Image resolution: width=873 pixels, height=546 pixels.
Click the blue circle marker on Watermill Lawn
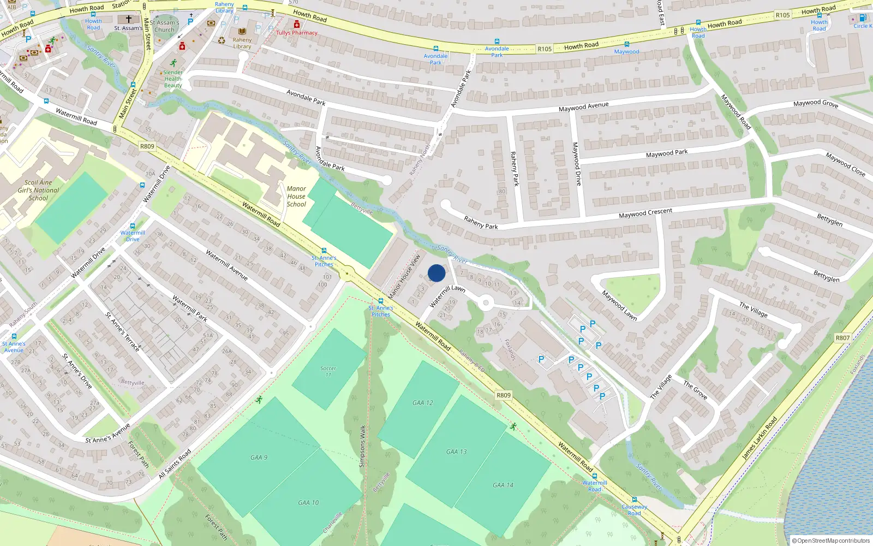(436, 273)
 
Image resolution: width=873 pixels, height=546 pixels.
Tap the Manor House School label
(296, 197)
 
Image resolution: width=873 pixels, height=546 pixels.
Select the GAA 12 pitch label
(422, 403)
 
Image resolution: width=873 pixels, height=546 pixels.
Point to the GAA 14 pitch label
(503, 485)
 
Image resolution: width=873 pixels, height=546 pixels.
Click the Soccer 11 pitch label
(328, 371)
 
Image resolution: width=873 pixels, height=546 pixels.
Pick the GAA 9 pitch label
(259, 458)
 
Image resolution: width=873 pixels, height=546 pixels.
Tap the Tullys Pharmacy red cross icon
(297, 25)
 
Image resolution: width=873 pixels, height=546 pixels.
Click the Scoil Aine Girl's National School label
(38, 191)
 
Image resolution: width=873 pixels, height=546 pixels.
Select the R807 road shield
(842, 338)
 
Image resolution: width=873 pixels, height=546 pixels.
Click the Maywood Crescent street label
(645, 213)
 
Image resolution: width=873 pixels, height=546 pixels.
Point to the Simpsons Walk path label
(362, 446)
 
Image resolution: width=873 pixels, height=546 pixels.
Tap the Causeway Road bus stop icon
(634, 500)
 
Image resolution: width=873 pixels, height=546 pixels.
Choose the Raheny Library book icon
(242, 32)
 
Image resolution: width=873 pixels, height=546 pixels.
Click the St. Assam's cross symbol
(129, 19)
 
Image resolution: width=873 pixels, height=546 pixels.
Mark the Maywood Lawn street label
(619, 305)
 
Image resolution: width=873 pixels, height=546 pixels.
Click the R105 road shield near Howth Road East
(782, 15)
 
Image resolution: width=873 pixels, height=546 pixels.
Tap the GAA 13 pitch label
(456, 452)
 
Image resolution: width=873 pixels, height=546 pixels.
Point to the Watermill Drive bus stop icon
(133, 226)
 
